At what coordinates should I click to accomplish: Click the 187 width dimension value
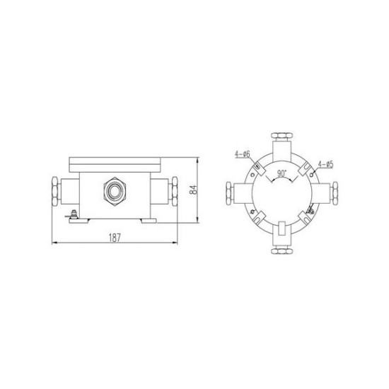[x=115, y=238]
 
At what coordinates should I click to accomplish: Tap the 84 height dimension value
[x=194, y=190]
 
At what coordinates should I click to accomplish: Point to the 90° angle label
[x=281, y=173]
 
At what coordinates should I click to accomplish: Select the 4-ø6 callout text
[x=243, y=154]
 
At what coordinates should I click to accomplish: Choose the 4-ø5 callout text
[x=326, y=164]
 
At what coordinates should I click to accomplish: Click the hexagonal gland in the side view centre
[x=115, y=192]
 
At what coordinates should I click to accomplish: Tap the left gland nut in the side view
[x=55, y=191]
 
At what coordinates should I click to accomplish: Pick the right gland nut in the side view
[x=175, y=191]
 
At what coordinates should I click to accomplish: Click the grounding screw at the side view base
[x=74, y=214]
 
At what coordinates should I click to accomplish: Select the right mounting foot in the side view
[x=149, y=221]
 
